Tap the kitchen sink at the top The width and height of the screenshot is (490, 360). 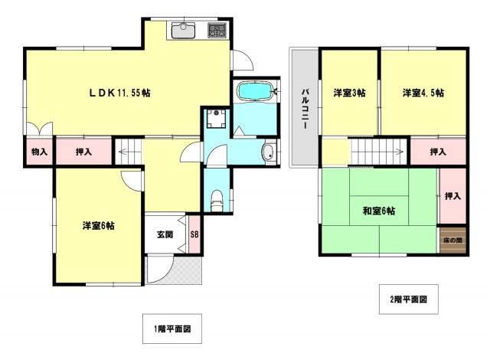(x=184, y=31)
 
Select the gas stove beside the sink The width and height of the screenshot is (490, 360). (x=216, y=31)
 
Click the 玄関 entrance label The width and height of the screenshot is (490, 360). (x=165, y=234)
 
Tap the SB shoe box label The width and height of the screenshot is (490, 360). (x=194, y=234)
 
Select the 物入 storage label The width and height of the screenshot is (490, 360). (x=39, y=152)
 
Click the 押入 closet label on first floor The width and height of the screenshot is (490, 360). (x=83, y=152)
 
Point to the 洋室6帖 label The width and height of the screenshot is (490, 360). (x=99, y=226)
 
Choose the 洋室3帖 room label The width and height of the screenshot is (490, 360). (x=349, y=93)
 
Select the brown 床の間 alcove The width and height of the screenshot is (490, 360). (x=452, y=241)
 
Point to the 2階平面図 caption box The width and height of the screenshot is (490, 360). (x=407, y=299)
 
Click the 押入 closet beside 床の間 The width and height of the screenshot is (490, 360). (x=452, y=196)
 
